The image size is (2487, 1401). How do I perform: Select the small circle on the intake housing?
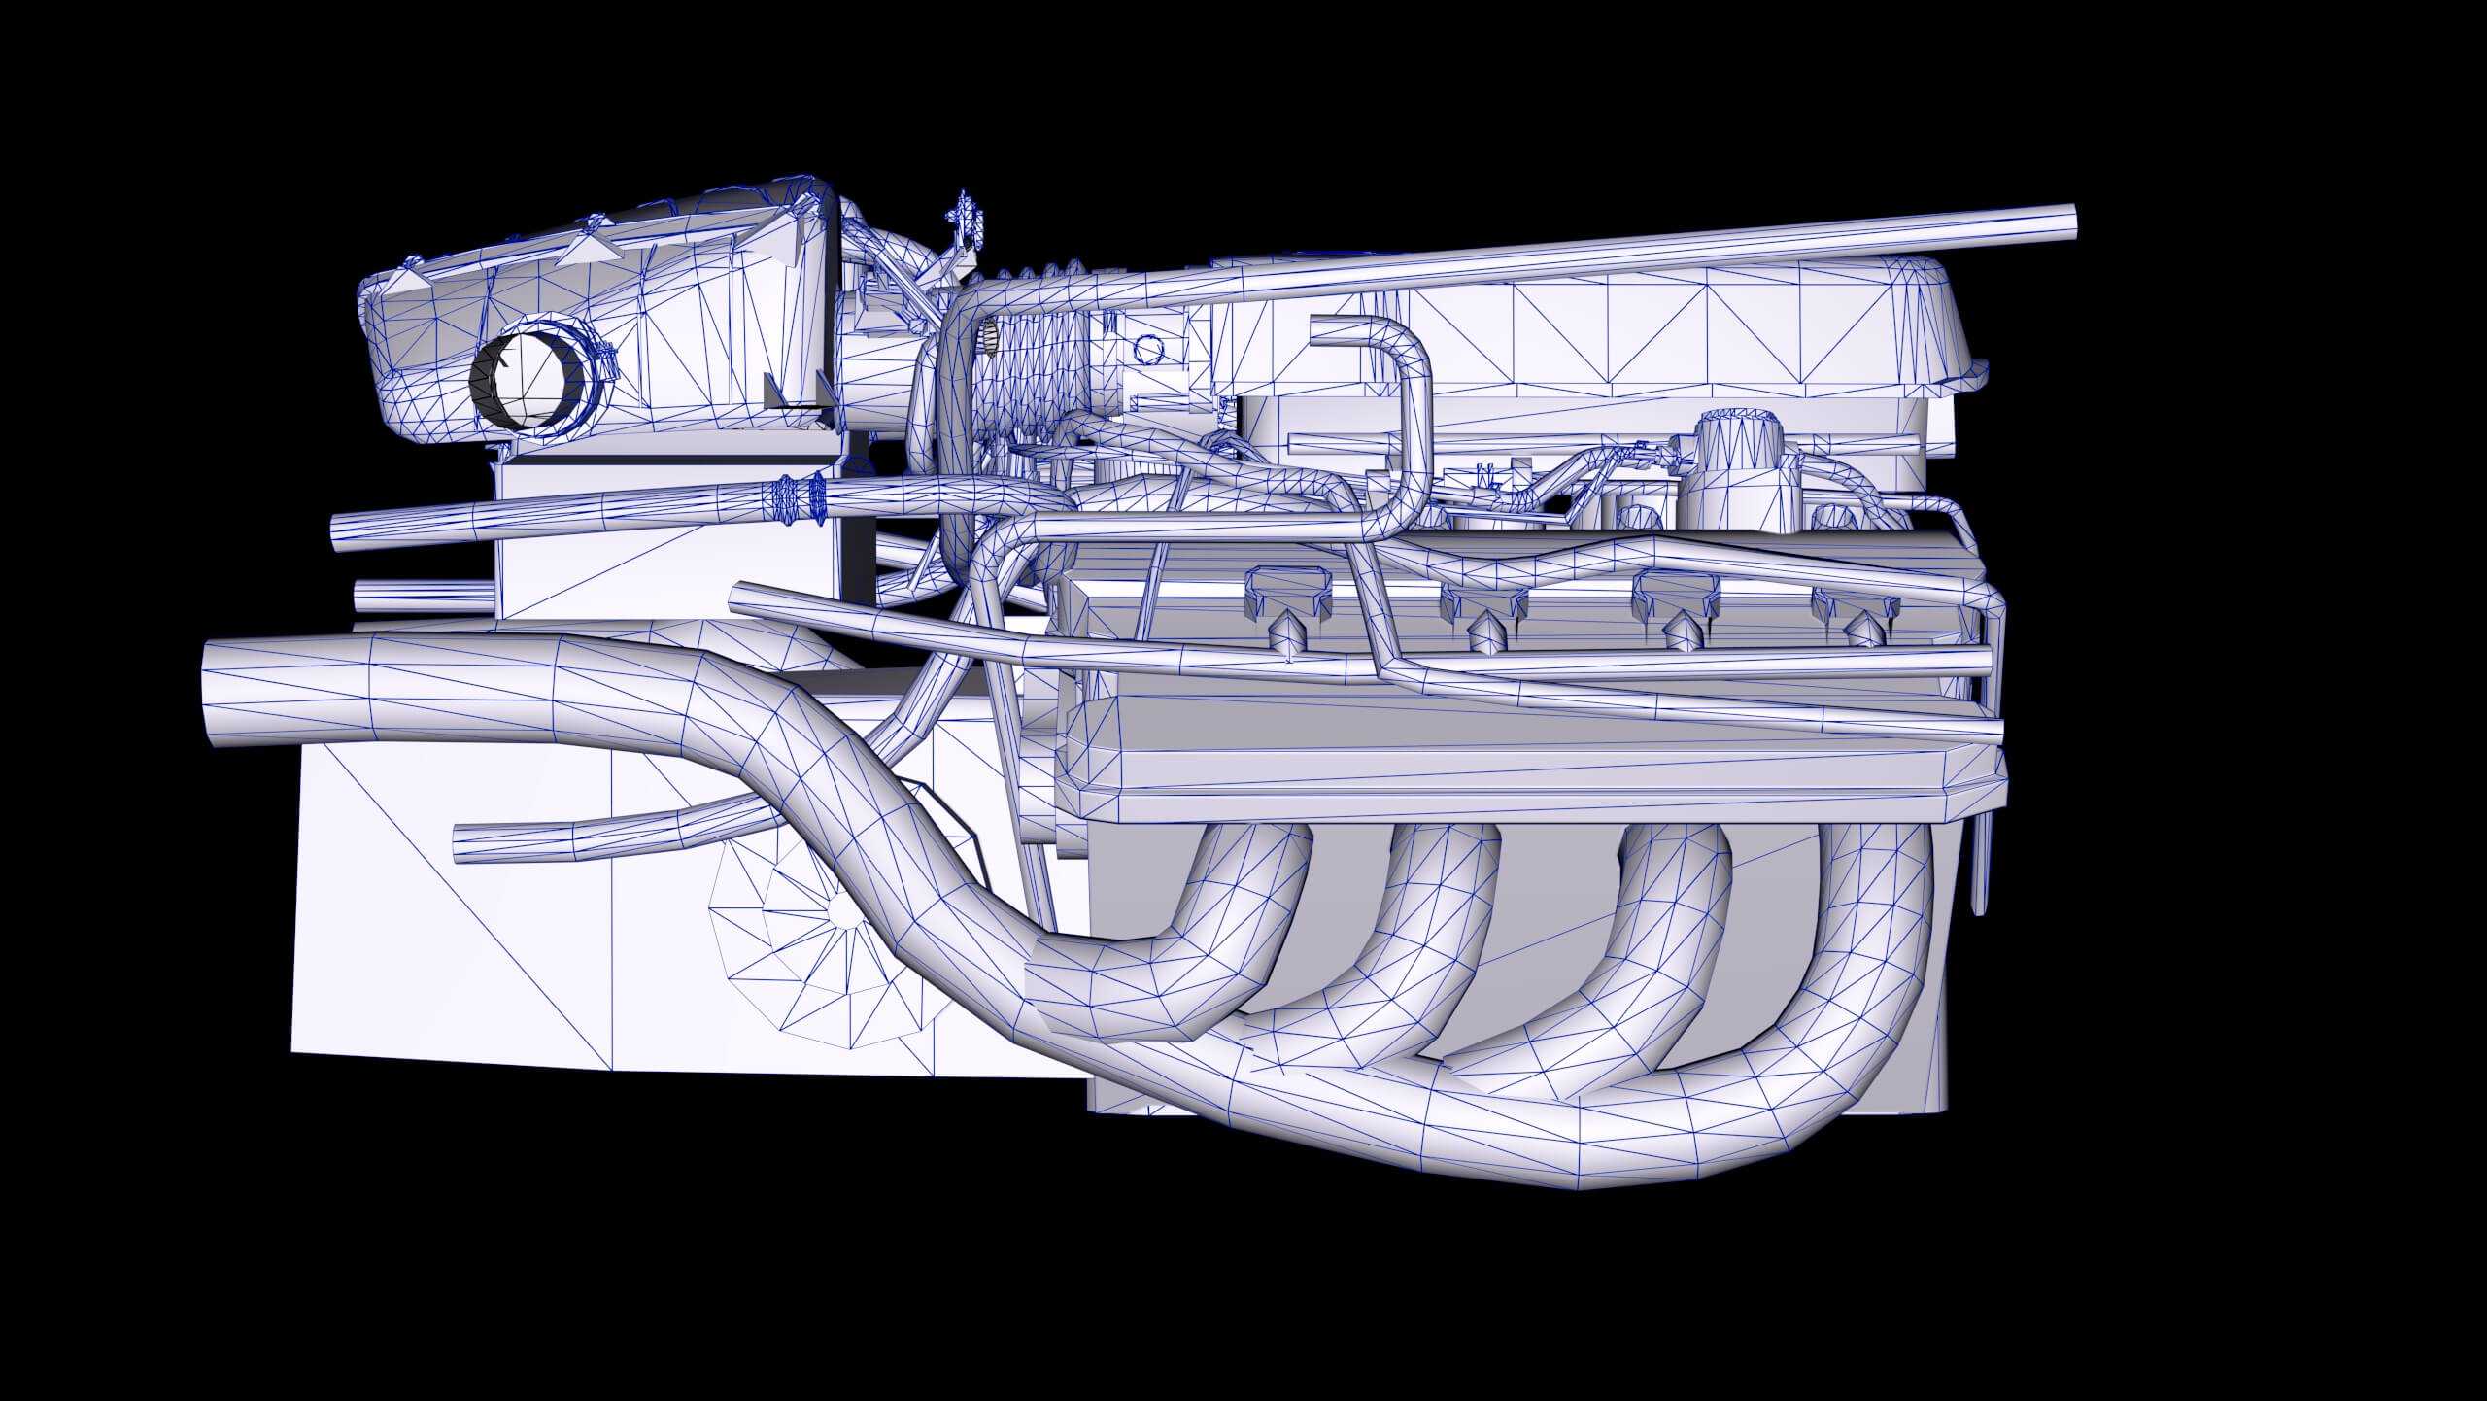[1147, 347]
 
